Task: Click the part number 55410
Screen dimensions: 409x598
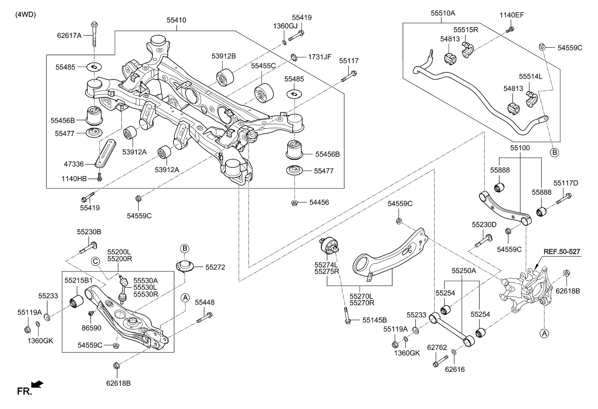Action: (176, 21)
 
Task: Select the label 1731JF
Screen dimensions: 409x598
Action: (319, 56)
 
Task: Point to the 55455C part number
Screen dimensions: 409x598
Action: (263, 65)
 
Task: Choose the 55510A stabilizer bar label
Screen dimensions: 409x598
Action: (442, 14)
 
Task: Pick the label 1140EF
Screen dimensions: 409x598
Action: (511, 15)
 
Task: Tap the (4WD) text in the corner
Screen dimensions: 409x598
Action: (26, 14)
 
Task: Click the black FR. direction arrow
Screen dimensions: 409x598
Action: (37, 384)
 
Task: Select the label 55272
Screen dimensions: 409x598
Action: (215, 267)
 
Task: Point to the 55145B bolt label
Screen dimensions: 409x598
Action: (374, 320)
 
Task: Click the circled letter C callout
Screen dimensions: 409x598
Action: (96, 261)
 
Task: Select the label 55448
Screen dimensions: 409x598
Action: (205, 303)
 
